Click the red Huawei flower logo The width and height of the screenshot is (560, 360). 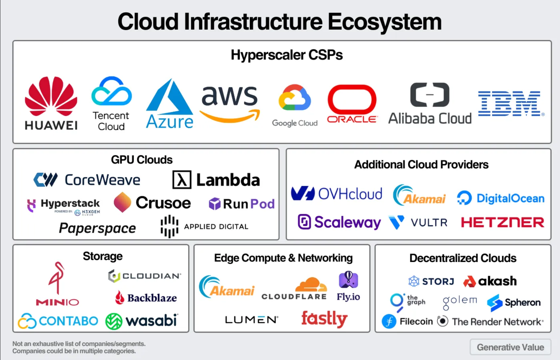51,96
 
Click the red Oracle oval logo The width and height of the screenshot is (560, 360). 352,99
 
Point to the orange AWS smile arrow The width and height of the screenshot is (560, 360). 230,116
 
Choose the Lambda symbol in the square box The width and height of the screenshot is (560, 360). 182,180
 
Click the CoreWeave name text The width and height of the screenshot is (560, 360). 103,180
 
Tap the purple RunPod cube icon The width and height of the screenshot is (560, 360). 215,204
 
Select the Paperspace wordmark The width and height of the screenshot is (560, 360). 98,228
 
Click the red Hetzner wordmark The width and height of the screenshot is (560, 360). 503,222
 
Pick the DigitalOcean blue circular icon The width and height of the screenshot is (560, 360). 464,198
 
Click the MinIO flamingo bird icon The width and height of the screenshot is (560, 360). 57,278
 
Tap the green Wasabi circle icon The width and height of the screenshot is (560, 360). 114,321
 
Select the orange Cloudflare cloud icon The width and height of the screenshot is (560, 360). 311,284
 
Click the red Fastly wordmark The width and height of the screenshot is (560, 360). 324,319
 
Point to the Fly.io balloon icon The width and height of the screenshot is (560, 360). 348,280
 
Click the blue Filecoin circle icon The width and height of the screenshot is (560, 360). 389,321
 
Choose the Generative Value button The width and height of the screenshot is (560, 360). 510,347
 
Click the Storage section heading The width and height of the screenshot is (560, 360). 103,256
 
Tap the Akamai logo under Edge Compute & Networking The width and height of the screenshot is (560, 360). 227,287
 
